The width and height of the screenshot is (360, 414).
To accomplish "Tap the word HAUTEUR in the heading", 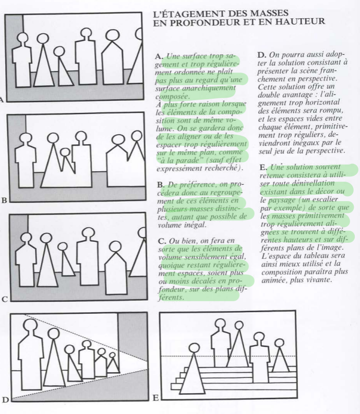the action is pos(300,21).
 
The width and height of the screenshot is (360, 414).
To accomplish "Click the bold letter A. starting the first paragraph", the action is pos(159,56).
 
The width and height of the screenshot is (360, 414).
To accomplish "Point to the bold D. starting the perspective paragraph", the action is pos(262,55).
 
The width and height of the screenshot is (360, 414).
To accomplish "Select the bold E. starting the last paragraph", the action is pos(263,168).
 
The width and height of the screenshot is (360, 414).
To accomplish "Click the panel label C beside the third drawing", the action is pos(5,300).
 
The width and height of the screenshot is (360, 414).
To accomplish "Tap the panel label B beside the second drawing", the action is pos(4,200).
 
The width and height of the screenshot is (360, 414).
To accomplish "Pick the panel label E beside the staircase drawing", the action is pos(155,398).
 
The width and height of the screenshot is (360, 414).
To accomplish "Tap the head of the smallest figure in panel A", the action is pos(59,52).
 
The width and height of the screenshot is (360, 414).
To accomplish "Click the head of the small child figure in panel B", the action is pos(65,152).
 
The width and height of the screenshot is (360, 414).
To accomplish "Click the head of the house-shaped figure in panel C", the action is pos(115,246).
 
